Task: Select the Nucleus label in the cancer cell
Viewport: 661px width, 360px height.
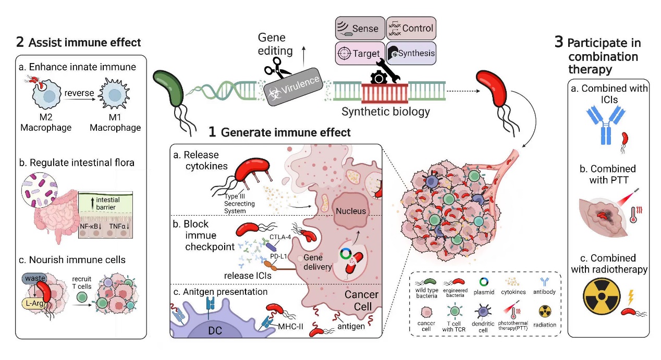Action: coord(351,211)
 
